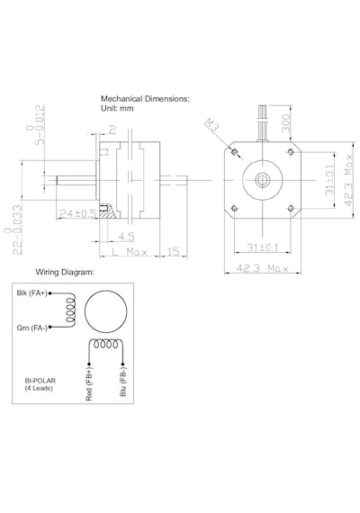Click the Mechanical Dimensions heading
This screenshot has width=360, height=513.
tap(145, 98)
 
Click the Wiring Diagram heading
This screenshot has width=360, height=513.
tap(65, 272)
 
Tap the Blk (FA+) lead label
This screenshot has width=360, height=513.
tap(31, 293)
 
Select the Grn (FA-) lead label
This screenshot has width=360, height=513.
tap(31, 328)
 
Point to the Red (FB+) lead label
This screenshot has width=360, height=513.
tap(89, 383)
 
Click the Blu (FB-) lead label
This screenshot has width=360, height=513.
tap(123, 382)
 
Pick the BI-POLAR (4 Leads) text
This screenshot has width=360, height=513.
tap(40, 384)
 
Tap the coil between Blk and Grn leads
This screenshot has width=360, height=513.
tap(71, 310)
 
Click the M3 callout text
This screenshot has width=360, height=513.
tap(212, 125)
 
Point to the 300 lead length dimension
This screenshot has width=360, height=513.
tap(286, 123)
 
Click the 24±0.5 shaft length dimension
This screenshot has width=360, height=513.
tap(78, 214)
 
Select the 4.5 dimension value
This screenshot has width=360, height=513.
tap(126, 237)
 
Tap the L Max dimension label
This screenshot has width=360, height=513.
tap(130, 252)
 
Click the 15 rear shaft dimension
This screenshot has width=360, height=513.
tap(174, 252)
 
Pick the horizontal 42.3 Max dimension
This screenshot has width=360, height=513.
tap(263, 268)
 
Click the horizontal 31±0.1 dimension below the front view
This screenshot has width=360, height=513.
tap(263, 248)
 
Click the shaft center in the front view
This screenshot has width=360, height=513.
tap(263, 180)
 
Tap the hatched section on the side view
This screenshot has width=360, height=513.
tap(109, 212)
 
